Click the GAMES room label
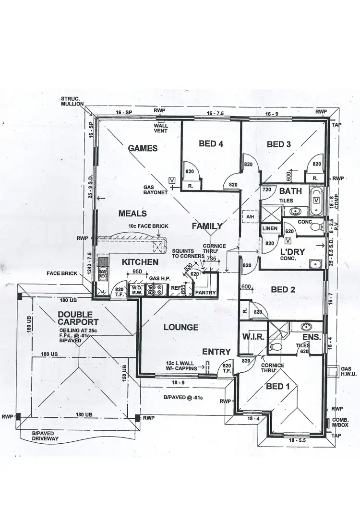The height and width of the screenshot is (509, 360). (x=143, y=148)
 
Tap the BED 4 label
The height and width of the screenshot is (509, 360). (x=211, y=143)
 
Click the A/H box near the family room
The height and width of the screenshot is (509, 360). (x=250, y=216)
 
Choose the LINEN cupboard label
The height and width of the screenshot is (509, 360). (x=269, y=229)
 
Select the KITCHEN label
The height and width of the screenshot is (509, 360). (x=140, y=262)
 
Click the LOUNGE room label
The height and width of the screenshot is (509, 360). (x=180, y=327)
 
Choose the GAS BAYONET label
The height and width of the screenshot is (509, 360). (x=155, y=190)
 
